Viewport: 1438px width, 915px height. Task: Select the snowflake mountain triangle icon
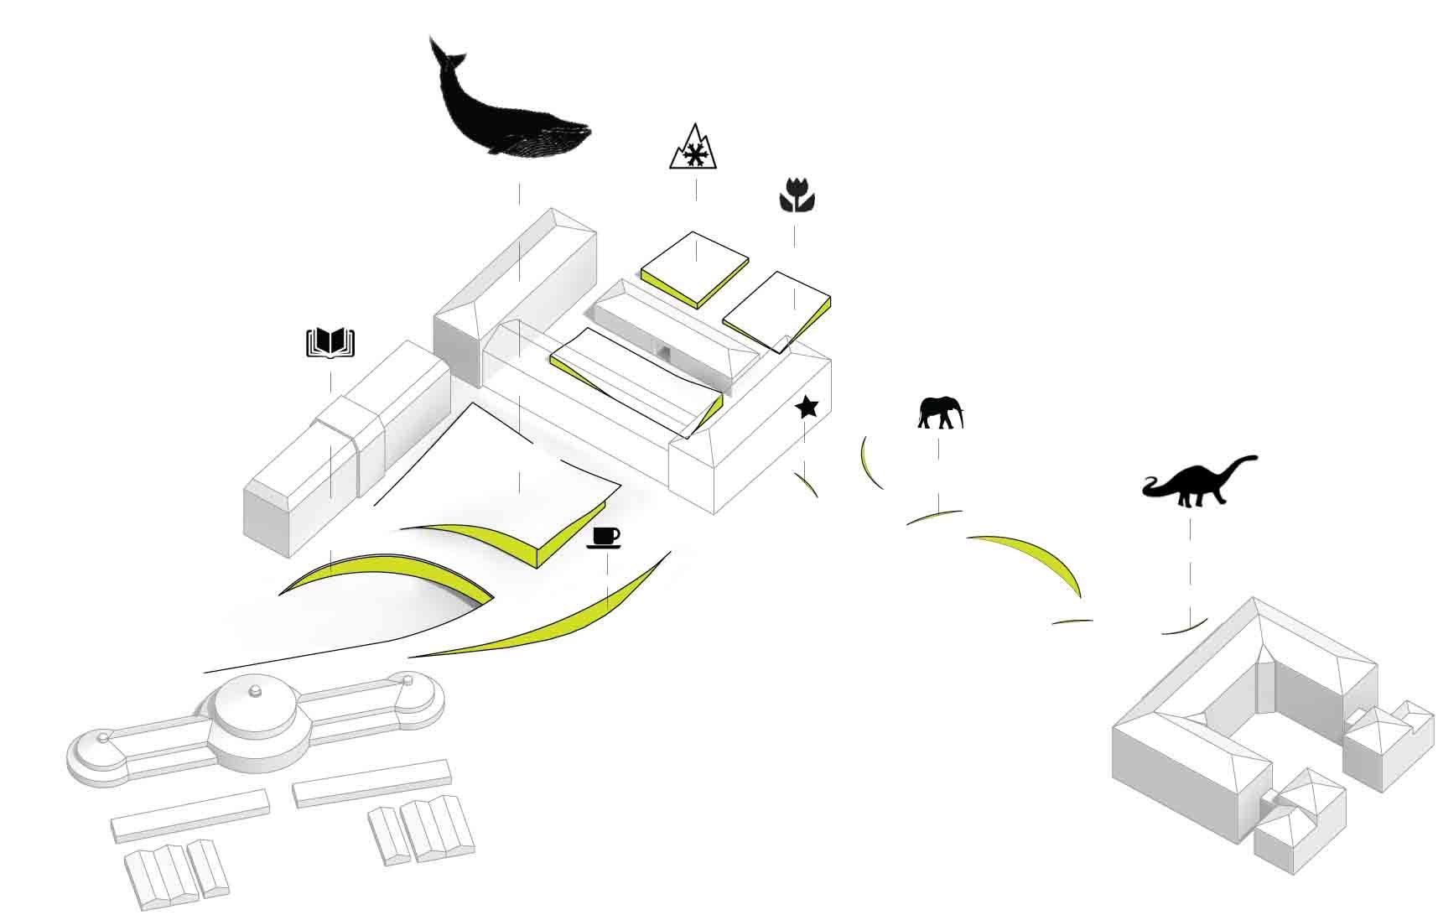pyautogui.click(x=695, y=149)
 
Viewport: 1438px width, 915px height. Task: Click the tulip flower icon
pyautogui.click(x=795, y=195)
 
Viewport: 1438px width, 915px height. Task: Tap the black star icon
pyautogui.click(x=807, y=408)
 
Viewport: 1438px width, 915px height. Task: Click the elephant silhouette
pyautogui.click(x=939, y=413)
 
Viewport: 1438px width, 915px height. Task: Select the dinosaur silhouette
pyautogui.click(x=1199, y=484)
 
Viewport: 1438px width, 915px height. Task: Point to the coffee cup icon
pyautogui.click(x=605, y=537)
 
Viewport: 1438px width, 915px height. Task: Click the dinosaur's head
pyautogui.click(x=1249, y=460)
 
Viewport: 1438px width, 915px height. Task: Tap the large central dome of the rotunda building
pyautogui.click(x=252, y=710)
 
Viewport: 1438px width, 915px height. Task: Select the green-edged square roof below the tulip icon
pyautogui.click(x=776, y=308)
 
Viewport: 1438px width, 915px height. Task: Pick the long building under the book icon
pyautogui.click(x=344, y=445)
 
